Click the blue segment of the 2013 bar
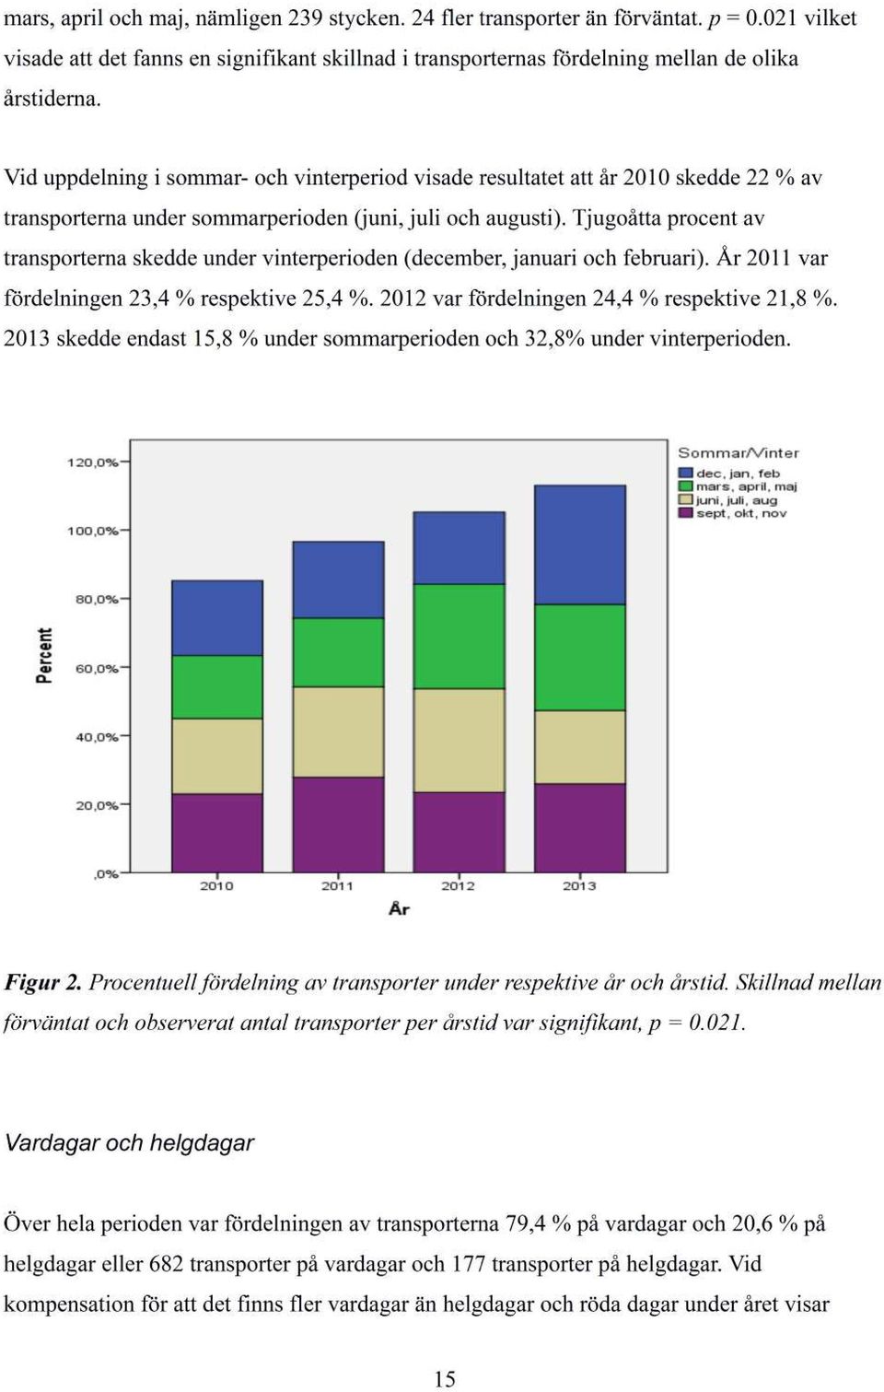point(579,544)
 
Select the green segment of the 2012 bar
point(459,637)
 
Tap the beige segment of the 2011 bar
point(338,731)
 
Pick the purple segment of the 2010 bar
point(216,833)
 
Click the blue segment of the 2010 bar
point(216,618)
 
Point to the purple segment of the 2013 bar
point(579,828)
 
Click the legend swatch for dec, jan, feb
point(685,474)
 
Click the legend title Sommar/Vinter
point(738,453)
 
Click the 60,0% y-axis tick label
point(97,669)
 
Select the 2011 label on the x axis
point(337,886)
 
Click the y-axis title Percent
point(45,656)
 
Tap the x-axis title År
point(400,909)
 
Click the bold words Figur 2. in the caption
point(43,983)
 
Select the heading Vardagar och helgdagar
point(129,1143)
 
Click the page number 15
point(444,1380)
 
